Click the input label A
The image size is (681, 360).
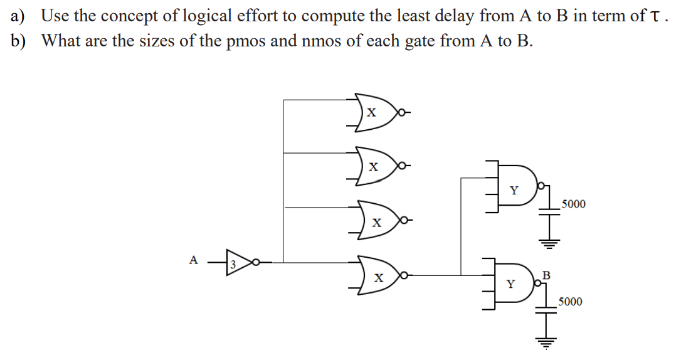[193, 259]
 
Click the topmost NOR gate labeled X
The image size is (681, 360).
[374, 113]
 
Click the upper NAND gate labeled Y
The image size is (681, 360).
[515, 189]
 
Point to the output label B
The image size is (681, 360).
[546, 274]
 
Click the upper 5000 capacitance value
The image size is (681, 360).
[574, 204]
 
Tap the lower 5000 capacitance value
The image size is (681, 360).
[570, 302]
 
